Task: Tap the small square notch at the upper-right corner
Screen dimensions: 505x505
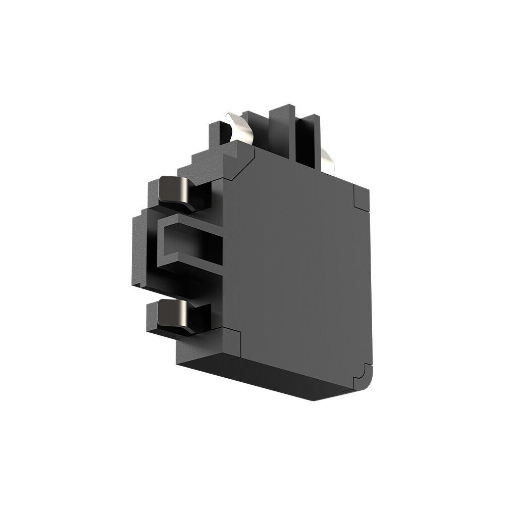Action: pyautogui.click(x=362, y=197)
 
